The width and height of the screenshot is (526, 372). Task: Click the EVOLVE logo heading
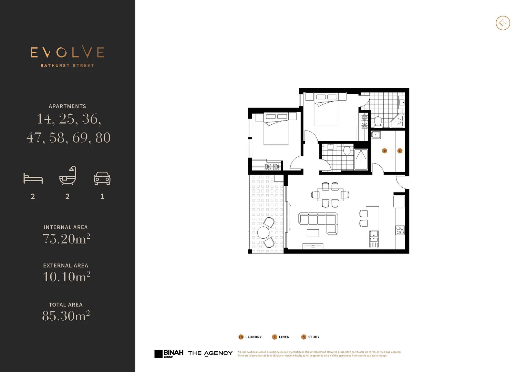tap(67, 52)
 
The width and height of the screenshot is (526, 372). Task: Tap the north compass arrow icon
tap(503, 23)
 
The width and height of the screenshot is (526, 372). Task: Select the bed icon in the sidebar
tap(33, 178)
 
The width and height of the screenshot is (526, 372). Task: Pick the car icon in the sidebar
tap(102, 178)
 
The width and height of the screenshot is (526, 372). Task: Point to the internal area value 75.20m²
tap(66, 239)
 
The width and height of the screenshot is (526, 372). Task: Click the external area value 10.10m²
tap(66, 277)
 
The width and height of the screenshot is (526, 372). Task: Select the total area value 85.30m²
tap(66, 316)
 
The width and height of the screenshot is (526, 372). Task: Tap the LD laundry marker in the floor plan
tap(384, 151)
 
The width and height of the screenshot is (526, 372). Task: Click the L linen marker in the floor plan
tap(400, 151)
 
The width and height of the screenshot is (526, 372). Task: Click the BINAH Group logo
tap(169, 354)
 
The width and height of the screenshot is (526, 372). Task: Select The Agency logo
tap(210, 353)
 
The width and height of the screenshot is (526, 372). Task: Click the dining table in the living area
tap(330, 195)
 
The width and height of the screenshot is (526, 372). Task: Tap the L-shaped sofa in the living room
tap(319, 222)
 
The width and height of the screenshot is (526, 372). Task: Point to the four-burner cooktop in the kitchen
tap(400, 230)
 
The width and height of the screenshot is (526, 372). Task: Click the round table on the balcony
tap(264, 232)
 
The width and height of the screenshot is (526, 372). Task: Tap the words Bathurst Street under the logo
tap(67, 65)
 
